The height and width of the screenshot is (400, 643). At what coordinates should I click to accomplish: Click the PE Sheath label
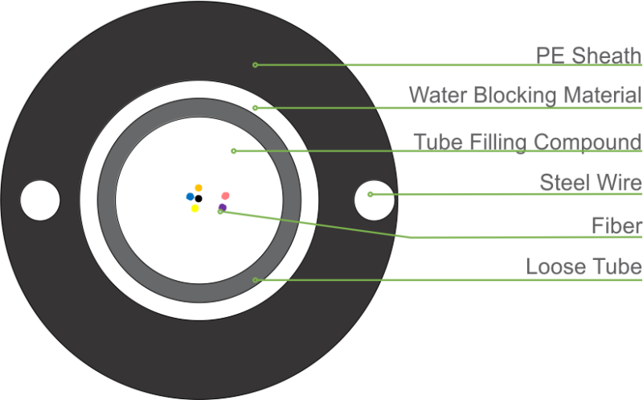pos(588,55)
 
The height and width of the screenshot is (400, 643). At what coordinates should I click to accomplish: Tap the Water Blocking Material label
pos(525,94)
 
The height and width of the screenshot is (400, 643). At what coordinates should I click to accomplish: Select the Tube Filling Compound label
pos(527,142)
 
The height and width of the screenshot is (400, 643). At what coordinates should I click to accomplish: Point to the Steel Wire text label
pos(590,182)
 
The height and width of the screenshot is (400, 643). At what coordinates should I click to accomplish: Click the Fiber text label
pos(616,225)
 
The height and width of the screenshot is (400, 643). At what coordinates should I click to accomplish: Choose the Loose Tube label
pos(584,266)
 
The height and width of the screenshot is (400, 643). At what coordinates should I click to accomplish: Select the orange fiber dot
pos(199,188)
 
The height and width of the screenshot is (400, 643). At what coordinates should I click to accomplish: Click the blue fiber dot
pos(190,196)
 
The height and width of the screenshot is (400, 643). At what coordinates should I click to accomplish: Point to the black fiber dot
pos(199,198)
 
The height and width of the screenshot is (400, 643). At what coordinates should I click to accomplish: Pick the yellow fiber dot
pos(195,208)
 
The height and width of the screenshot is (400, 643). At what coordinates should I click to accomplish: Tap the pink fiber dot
pos(225,196)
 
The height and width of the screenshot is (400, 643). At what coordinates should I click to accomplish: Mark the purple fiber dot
pos(223,207)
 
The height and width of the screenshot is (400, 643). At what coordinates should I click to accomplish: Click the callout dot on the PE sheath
pos(255,64)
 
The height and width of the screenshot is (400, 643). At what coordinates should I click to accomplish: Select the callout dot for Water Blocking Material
pos(255,107)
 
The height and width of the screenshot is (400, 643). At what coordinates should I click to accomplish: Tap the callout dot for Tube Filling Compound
pos(233,151)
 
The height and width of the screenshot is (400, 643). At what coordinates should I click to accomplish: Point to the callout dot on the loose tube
pos(256,280)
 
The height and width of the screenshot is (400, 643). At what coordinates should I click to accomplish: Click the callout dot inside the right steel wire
pos(370,194)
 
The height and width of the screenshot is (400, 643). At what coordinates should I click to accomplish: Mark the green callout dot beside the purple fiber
pos(219,212)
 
